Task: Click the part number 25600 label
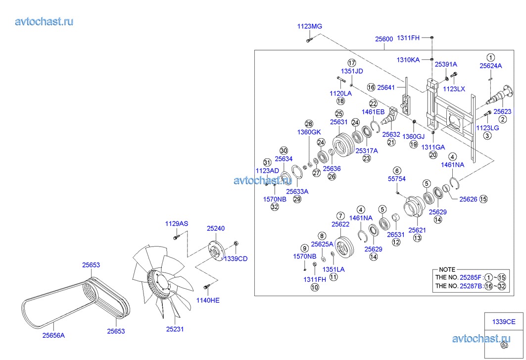pos(384,39)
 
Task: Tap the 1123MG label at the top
pos(309,26)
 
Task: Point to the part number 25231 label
pos(175,328)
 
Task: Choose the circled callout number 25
pos(339,113)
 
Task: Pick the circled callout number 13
pos(417,238)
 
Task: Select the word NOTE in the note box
pos(447,269)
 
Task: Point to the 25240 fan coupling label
pos(216,228)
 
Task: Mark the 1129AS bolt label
pos(177,224)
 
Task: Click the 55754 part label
pos(397,178)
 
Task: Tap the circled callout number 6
pos(397,170)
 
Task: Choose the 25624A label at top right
pos(490,65)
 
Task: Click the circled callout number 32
pos(275,207)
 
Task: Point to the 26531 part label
pos(396,234)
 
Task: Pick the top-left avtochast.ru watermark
pos(45,21)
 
